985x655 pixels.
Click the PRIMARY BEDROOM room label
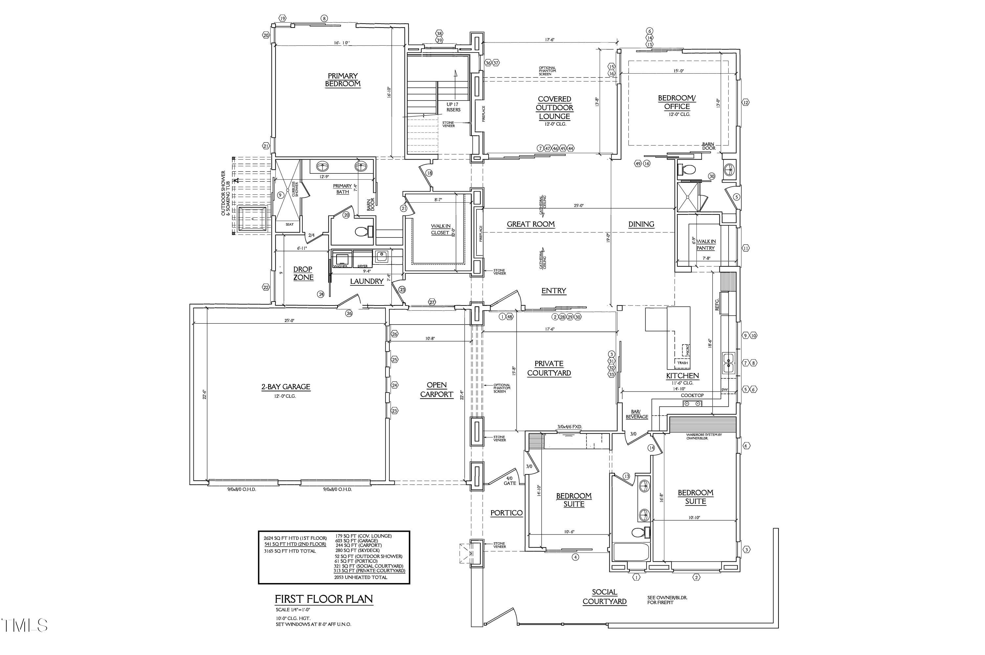click(x=342, y=80)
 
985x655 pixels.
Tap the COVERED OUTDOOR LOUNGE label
click(x=554, y=108)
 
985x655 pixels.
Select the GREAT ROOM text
click(x=530, y=224)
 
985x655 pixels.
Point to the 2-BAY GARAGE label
click(x=286, y=387)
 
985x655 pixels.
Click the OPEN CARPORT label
click(x=436, y=390)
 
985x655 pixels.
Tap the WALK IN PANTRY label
click(x=705, y=245)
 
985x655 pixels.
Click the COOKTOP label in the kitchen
click(x=692, y=395)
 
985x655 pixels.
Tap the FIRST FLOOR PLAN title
click(x=324, y=599)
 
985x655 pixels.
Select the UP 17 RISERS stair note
click(x=453, y=107)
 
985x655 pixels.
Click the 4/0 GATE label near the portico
click(x=510, y=481)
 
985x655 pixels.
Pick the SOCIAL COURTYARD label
click(x=604, y=597)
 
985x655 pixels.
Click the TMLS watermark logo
click(x=24, y=625)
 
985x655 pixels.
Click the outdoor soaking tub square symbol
click(x=252, y=218)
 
